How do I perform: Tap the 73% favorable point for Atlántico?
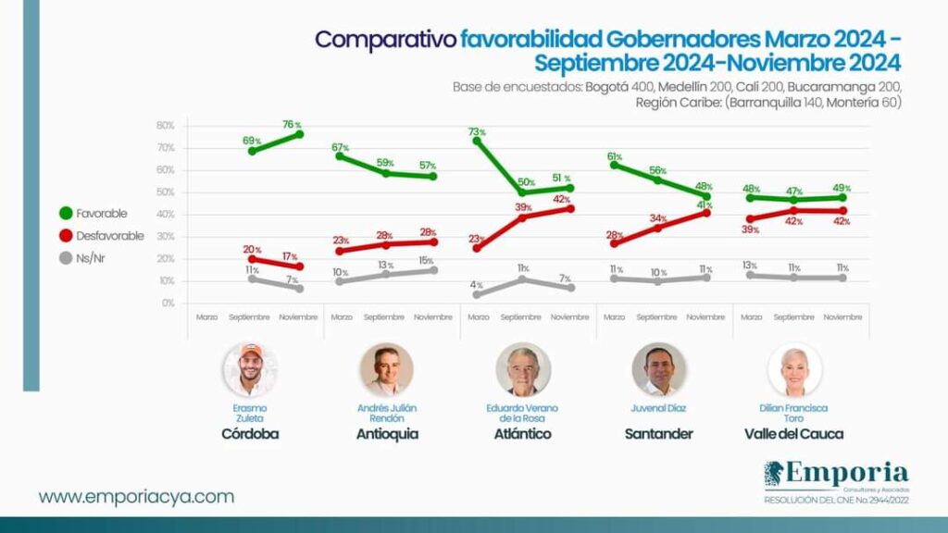tap(478, 141)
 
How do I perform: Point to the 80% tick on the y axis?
tap(166, 126)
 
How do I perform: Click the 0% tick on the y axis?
tap(168, 303)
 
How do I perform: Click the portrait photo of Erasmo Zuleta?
tap(250, 370)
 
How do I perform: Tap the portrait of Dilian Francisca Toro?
tap(794, 370)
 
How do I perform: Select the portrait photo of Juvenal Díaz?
tap(659, 370)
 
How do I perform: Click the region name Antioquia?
tap(387, 434)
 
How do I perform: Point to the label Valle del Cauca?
tap(794, 434)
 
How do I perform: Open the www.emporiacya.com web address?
tap(136, 497)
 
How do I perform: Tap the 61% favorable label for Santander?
tap(614, 157)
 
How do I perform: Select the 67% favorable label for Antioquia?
tap(340, 148)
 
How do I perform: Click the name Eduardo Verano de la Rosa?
tap(523, 413)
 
